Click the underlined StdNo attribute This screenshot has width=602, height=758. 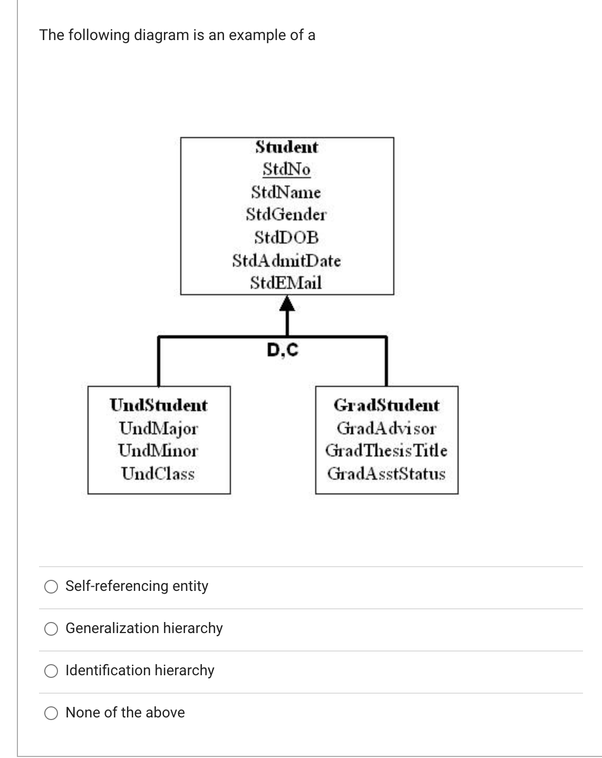[286, 170]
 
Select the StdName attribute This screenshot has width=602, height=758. [286, 192]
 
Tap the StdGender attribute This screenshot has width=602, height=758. [286, 215]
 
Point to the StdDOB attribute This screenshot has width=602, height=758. [286, 238]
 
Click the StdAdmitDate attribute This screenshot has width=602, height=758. [286, 260]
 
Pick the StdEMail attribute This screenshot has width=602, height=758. [286, 283]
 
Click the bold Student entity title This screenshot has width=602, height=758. [286, 147]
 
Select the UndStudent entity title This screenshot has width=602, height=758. [159, 405]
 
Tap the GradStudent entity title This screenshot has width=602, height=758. [386, 405]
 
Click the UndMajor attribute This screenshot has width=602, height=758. [159, 429]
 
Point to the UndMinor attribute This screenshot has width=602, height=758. [159, 451]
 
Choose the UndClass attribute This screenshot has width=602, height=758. [158, 473]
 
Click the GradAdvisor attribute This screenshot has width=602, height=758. [386, 429]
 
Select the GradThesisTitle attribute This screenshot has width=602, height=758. [386, 451]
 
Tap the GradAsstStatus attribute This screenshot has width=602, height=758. [386, 473]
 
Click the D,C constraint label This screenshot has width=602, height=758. [283, 349]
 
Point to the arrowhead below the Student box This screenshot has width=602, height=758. [286, 303]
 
